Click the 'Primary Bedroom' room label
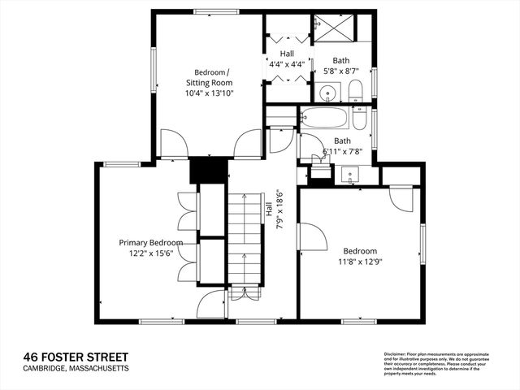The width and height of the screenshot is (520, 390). coord(150,242)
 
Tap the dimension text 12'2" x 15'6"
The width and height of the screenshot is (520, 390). coord(150,254)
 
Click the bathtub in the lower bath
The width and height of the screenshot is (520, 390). coord(324,119)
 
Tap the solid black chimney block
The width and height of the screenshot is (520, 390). coord(207,170)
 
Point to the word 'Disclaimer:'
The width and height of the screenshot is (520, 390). coord(397,354)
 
